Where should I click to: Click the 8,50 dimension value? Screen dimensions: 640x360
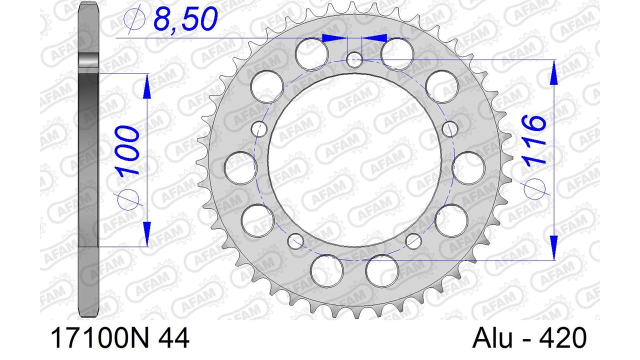click(x=185, y=19)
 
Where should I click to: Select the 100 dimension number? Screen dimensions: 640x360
click(x=128, y=149)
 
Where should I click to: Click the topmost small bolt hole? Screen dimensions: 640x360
click(x=354, y=59)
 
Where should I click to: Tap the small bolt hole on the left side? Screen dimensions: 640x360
click(x=259, y=129)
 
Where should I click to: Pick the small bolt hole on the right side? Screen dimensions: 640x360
click(x=450, y=129)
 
